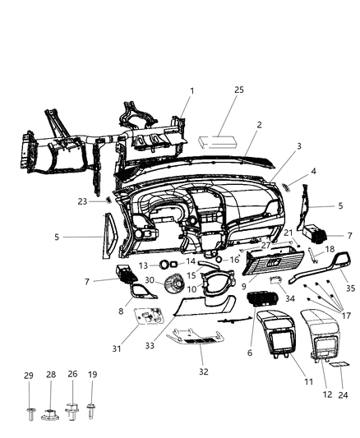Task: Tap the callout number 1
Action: pos(192,90)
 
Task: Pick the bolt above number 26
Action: pos(72,408)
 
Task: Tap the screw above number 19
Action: pos(92,408)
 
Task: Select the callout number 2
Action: pos(259,125)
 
